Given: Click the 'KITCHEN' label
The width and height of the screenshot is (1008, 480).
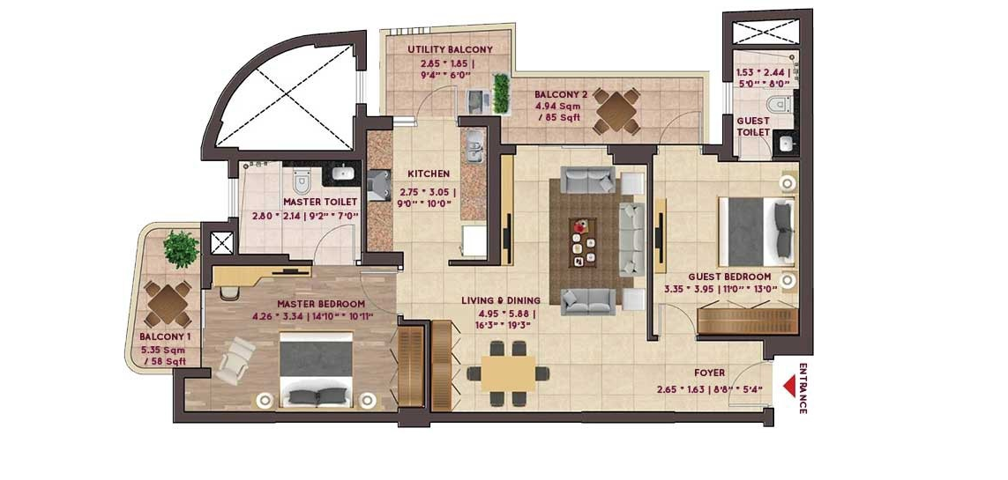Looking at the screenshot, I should [x=428, y=174].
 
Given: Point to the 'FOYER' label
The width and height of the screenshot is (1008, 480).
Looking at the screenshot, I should [x=709, y=373].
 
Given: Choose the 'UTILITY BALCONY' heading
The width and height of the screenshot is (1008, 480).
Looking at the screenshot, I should [x=450, y=50].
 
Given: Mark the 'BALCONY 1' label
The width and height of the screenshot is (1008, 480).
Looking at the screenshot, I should [x=165, y=336].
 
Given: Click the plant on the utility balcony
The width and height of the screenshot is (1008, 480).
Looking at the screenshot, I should [x=502, y=92].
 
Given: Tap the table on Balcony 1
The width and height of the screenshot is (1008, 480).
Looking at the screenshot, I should [x=168, y=304].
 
